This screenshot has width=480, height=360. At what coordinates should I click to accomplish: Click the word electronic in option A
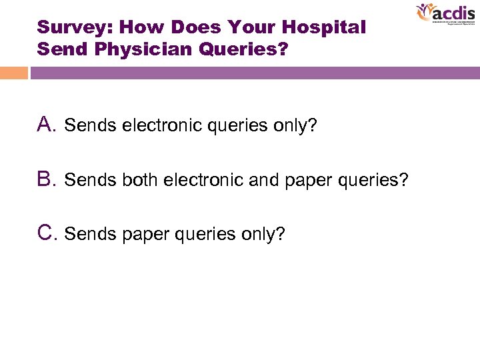coord(155,125)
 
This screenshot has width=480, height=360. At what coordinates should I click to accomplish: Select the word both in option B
coord(137,180)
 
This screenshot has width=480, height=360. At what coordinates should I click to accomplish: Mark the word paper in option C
coord(137,235)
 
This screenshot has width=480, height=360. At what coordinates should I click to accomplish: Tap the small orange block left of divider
coord(14,73)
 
